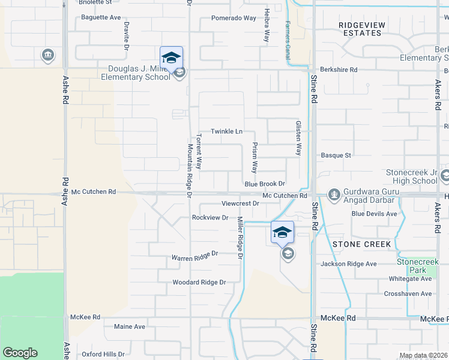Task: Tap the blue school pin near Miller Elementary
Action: (171, 58)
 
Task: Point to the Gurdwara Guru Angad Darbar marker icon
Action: (333, 194)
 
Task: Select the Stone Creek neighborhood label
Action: (361, 244)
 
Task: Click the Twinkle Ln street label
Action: (226, 131)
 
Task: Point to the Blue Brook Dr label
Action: (264, 184)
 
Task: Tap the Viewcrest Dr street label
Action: (240, 203)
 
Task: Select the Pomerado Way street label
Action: (234, 18)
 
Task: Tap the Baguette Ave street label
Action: (101, 17)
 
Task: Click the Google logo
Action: (20, 353)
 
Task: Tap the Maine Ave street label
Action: (130, 326)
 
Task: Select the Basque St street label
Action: (336, 155)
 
